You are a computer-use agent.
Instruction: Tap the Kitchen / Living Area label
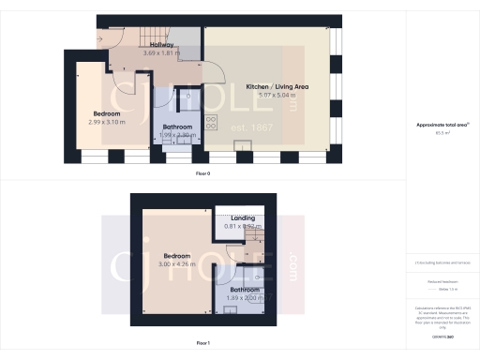coord(277,86)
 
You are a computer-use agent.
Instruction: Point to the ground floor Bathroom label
coord(178,127)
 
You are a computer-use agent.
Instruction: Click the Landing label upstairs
coord(243,218)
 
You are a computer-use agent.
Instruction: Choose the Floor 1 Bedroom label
coord(177,255)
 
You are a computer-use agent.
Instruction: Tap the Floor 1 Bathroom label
coord(245,290)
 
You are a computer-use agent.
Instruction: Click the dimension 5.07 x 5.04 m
coord(277,95)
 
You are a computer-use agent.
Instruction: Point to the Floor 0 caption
coord(202,174)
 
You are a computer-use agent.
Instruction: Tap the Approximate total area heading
coord(441,125)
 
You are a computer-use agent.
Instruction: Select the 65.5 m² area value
coord(441,133)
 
